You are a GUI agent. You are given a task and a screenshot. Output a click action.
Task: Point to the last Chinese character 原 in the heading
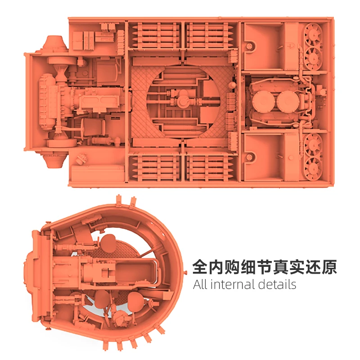(x=328, y=267)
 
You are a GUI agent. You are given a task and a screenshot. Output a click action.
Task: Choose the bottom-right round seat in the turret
(x=134, y=300)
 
